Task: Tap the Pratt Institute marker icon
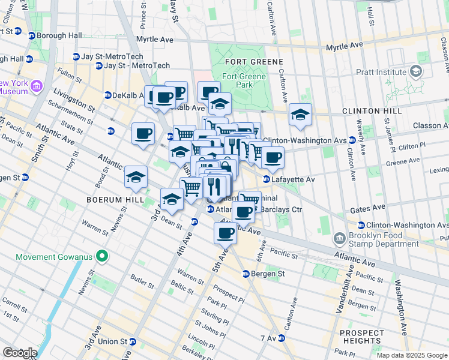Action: [x=415, y=72]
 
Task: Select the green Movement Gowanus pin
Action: [x=102, y=257]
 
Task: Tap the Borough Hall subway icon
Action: [x=31, y=35]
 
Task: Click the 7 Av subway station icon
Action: [x=281, y=338]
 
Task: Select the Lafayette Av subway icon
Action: [x=266, y=179]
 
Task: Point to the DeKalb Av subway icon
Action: [x=108, y=95]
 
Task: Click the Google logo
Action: [x=19, y=353]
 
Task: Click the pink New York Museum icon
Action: [x=36, y=87]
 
